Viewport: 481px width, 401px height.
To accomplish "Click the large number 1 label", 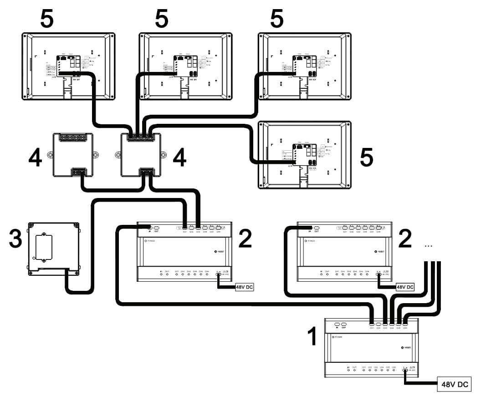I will click(x=312, y=337).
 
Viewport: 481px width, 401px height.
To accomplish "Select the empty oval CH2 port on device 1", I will click(x=379, y=324).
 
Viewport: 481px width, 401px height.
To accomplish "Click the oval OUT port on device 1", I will click(x=344, y=324).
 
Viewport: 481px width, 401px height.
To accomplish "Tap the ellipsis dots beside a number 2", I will click(x=428, y=245).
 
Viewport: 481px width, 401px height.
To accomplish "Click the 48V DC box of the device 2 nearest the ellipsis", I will click(x=404, y=288).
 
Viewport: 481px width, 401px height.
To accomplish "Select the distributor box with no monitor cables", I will click(x=73, y=155).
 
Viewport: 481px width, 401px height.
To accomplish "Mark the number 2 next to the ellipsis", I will click(x=404, y=239).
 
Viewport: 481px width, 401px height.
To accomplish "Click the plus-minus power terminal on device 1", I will click(x=405, y=370).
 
